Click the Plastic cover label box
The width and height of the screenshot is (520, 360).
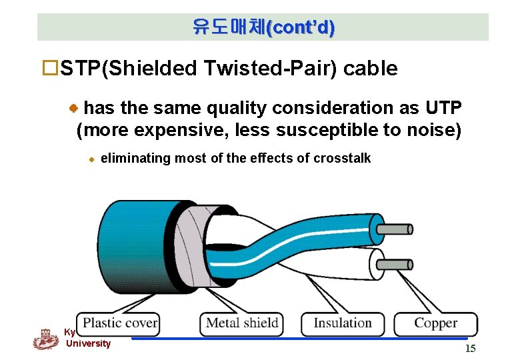pyautogui.click(x=119, y=323)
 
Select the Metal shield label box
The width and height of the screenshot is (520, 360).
pyautogui.click(x=242, y=323)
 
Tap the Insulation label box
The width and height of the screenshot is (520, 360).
pyautogui.click(x=343, y=323)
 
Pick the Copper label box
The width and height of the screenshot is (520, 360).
pyautogui.click(x=435, y=323)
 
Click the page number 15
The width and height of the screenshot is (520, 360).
pyautogui.click(x=470, y=349)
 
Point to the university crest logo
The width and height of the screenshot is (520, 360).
pyautogui.click(x=45, y=339)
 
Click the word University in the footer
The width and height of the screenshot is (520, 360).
pyautogui.click(x=88, y=343)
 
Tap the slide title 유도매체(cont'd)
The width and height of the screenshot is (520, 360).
pyautogui.click(x=263, y=27)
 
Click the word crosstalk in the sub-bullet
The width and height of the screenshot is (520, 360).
pyautogui.click(x=342, y=158)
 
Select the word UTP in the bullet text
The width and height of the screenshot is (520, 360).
pyautogui.click(x=443, y=108)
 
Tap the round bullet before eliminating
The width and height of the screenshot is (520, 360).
pyautogui.click(x=93, y=159)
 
